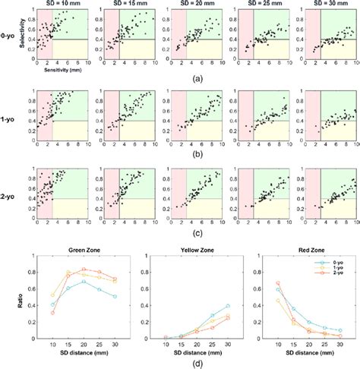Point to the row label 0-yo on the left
pos(8,34)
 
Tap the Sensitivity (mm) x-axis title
pos(57,68)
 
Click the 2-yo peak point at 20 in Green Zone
pos(84,270)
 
